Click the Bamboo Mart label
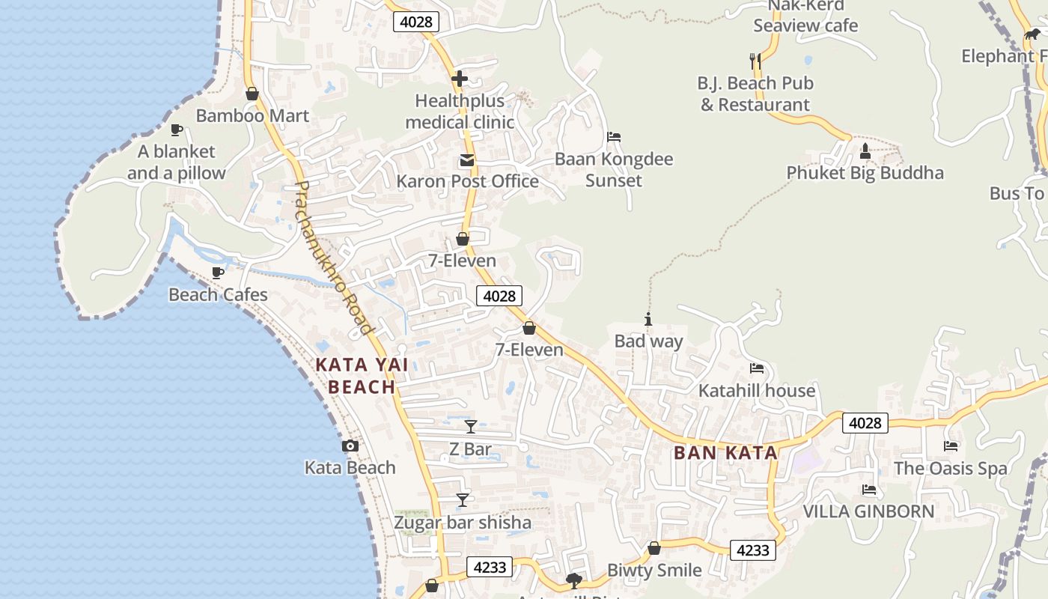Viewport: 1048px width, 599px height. click(252, 116)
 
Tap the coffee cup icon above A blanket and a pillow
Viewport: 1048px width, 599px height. click(176, 130)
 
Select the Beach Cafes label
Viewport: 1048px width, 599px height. click(218, 294)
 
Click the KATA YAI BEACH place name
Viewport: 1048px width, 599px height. click(362, 376)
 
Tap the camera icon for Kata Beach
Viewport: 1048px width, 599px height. click(350, 446)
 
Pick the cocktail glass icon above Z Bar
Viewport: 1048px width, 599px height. click(470, 427)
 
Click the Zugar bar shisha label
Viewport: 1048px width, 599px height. click(463, 523)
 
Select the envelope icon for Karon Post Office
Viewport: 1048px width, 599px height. click(467, 160)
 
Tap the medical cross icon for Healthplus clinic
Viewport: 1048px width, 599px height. click(460, 79)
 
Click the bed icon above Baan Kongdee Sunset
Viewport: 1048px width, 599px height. click(614, 137)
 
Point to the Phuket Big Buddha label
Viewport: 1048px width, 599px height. click(865, 173)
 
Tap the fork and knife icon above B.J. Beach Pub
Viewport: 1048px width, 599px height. click(755, 61)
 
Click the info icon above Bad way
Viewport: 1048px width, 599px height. click(648, 320)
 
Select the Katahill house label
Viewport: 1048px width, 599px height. click(756, 391)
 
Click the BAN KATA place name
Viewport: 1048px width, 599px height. click(725, 453)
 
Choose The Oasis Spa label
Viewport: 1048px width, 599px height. click(950, 469)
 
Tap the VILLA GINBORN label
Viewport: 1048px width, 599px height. click(868, 511)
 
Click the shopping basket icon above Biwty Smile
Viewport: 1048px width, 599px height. click(654, 548)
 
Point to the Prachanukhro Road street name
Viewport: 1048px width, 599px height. click(334, 258)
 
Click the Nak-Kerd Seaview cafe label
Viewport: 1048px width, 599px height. click(805, 16)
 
